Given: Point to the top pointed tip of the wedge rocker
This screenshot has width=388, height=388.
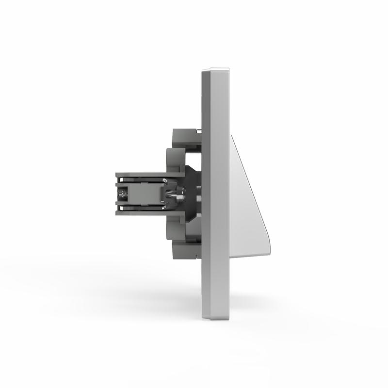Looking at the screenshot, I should (232, 136).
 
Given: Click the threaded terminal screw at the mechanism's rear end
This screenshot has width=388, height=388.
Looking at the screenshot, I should (123, 194).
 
